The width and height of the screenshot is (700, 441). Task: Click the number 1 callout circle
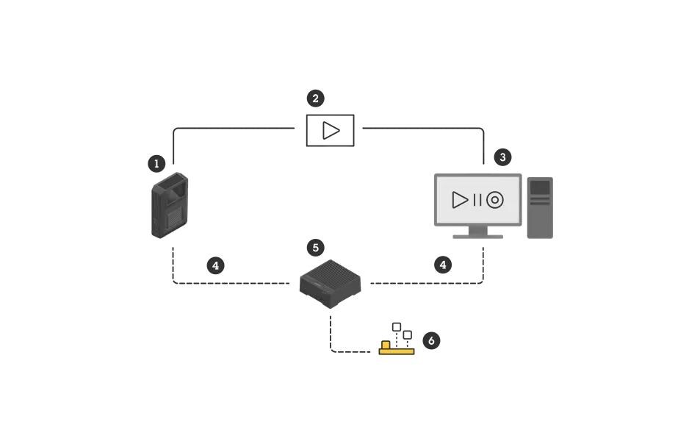click(156, 164)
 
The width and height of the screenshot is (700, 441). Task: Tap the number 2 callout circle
click(315, 98)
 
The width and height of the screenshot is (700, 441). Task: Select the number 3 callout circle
click(502, 157)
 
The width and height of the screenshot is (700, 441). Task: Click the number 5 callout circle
click(316, 248)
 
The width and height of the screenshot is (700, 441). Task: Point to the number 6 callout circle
click(432, 340)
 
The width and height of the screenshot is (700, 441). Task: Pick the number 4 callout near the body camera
click(215, 265)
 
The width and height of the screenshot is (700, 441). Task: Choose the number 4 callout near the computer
click(443, 265)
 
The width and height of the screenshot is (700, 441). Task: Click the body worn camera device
click(170, 206)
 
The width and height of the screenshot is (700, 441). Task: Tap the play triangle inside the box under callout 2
click(331, 130)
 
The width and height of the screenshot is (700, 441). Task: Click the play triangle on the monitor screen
click(460, 200)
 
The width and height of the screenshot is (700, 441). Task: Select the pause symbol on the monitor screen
click(477, 200)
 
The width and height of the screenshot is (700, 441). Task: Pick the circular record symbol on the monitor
click(495, 200)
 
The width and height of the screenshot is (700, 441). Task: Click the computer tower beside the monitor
click(540, 208)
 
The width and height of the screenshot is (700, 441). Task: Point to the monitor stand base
click(477, 236)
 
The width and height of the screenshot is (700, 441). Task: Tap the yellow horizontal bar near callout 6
click(397, 351)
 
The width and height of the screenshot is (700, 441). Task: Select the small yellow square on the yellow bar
click(386, 345)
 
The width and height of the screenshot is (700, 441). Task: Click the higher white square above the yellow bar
click(397, 326)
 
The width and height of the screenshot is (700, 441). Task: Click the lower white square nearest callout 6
click(408, 335)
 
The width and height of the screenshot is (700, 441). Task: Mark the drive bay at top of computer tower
click(540, 187)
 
